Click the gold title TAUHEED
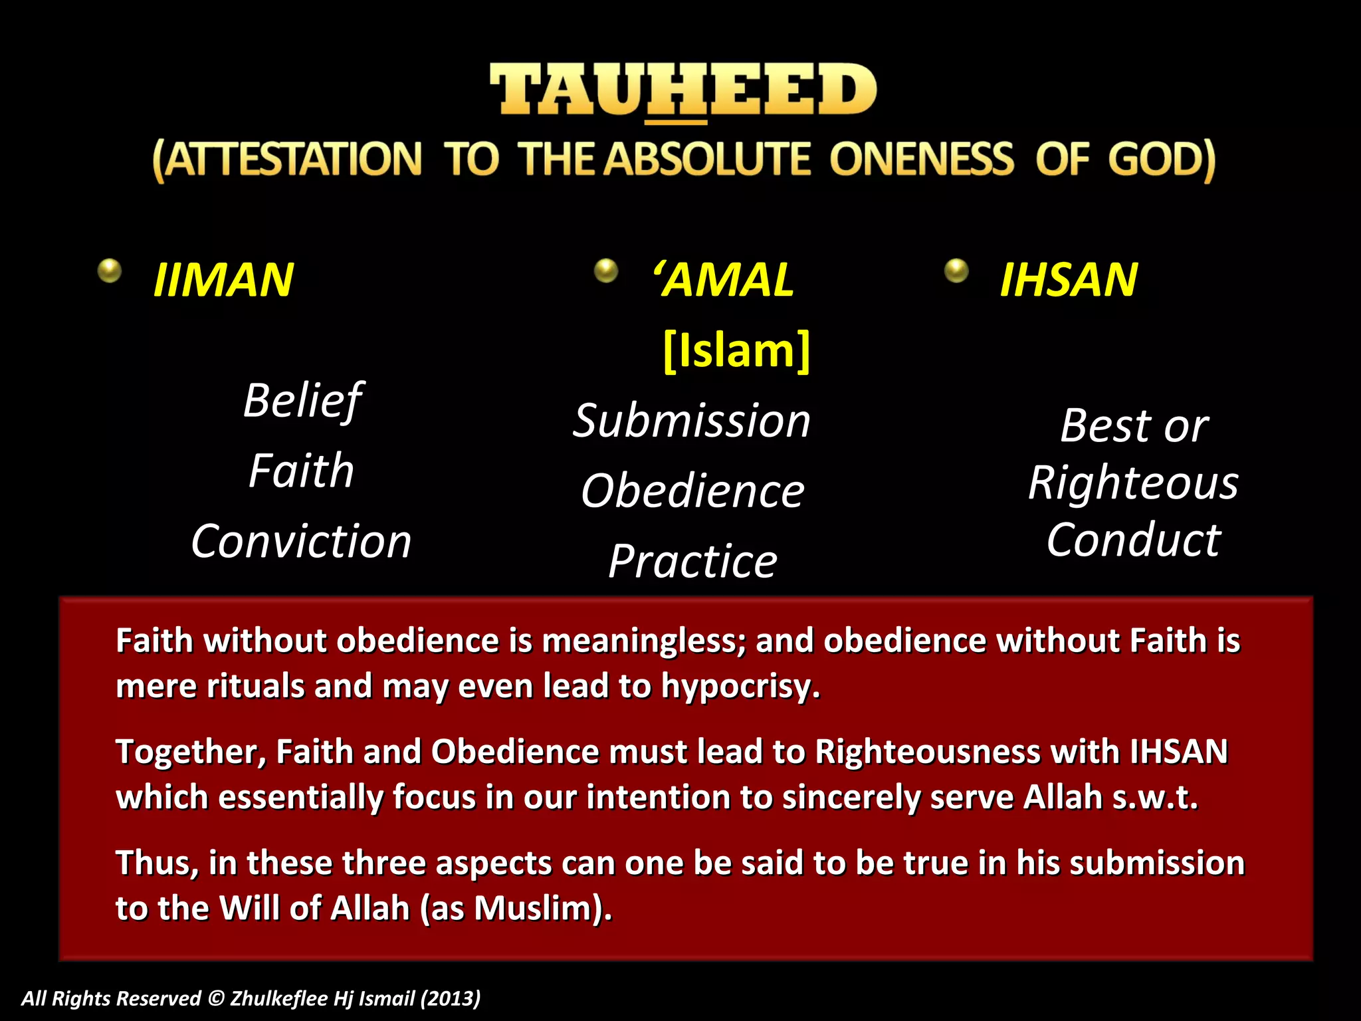683,90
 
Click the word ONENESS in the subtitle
921,160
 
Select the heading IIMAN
223,280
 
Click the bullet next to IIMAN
110,271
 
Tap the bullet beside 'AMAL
605,271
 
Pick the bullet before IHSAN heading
956,271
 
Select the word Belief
302,401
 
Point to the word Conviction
301,541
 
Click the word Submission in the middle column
692,421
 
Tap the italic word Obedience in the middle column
692,491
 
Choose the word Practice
692,562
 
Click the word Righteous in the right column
1133,483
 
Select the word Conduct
1133,540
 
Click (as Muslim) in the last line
516,909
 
